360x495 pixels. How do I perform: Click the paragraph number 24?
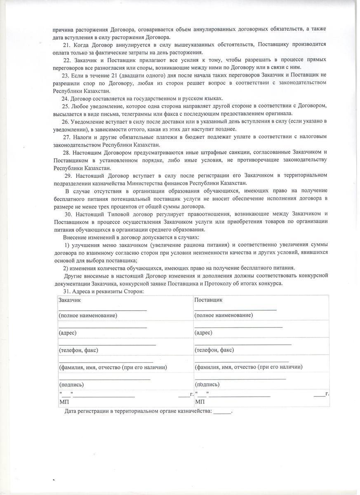(x=65, y=98)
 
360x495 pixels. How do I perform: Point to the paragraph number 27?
(x=67, y=137)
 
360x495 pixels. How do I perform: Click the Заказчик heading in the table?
(x=70, y=300)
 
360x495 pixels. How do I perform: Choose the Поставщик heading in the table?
(x=208, y=300)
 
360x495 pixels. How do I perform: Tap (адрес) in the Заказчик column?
(x=68, y=332)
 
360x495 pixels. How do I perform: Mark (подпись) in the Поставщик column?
(x=207, y=384)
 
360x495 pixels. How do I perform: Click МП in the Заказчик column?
(x=64, y=401)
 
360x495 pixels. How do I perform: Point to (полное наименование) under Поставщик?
(x=224, y=315)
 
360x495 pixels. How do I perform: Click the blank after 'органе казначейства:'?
(x=222, y=411)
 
